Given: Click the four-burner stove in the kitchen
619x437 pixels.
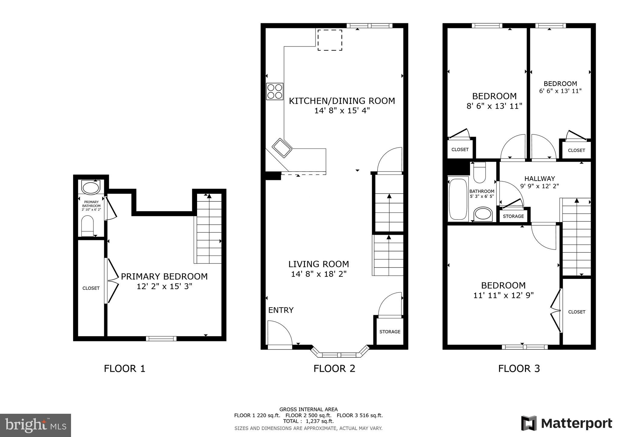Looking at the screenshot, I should pos(275,91).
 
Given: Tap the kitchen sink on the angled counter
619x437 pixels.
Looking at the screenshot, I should pos(282,148).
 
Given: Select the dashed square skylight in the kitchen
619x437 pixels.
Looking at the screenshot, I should pos(330,40).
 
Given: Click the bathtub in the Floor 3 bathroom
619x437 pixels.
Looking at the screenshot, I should pos(458,199).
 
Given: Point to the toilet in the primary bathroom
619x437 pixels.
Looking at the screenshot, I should pos(87,226).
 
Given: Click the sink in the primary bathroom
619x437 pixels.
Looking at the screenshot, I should pos(91,188).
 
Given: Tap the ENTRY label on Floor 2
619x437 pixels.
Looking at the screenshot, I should pos(281,310).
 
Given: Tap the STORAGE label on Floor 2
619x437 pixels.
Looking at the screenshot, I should pos(390,332).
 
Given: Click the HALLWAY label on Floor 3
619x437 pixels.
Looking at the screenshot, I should pos(540,179).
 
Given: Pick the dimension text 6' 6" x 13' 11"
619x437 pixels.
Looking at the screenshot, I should pos(560,91).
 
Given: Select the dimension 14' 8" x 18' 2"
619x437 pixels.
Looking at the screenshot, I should pos(319,274).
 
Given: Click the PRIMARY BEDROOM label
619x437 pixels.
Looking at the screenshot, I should pos(164,276).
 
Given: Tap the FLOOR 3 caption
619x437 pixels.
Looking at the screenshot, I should pos(519,368).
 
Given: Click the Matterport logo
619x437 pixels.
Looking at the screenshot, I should pos(566,423).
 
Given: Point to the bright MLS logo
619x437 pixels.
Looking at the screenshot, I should pos(36,425).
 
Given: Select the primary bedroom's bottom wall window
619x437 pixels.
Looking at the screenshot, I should pos(161,339).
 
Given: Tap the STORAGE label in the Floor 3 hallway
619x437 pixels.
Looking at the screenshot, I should pos(513,216).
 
